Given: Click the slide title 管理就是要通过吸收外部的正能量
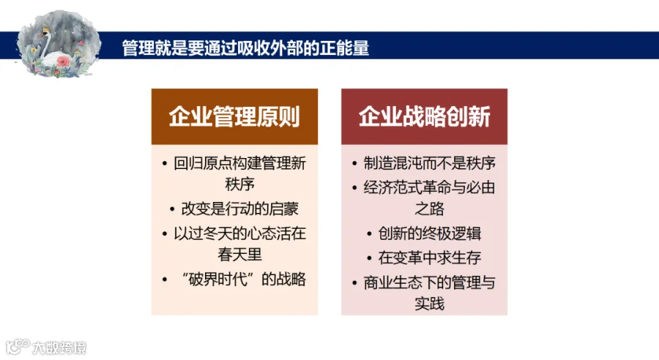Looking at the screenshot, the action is [245, 48].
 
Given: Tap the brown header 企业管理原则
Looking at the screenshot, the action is [234, 116].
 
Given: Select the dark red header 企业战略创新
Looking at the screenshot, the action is [425, 116].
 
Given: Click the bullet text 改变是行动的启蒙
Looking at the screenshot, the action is [239, 209].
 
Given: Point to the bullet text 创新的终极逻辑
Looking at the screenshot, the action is [430, 233].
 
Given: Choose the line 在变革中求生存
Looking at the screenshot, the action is [430, 258].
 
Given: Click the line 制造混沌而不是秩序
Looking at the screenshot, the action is [430, 163].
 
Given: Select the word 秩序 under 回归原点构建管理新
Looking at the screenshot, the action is [239, 184].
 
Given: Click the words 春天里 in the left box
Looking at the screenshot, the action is [239, 255].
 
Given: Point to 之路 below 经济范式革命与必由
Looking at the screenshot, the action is [430, 209].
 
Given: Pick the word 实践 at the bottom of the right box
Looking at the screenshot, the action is [430, 303].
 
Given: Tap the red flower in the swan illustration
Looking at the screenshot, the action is [63, 61].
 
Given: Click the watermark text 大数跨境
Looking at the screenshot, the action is [59, 348].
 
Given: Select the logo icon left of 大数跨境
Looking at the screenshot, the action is [18, 347].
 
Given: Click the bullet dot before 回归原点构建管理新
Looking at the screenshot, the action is [164, 163].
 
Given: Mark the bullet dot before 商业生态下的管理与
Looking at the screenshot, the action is [354, 283].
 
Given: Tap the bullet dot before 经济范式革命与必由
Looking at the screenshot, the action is [354, 188].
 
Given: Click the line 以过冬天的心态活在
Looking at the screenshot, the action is [239, 233].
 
